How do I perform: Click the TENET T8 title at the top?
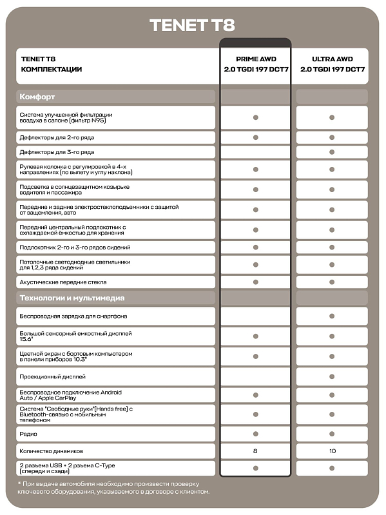pyautogui.click(x=192, y=25)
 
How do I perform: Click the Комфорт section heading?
pyautogui.click(x=38, y=97)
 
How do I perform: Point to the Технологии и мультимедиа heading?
pyautogui.click(x=72, y=298)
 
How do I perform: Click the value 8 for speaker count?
pyautogui.click(x=255, y=451)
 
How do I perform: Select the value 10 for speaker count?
pyautogui.click(x=332, y=451)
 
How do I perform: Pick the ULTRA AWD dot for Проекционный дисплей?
pyautogui.click(x=332, y=376)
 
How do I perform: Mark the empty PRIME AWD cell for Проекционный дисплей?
pyautogui.click(x=255, y=376)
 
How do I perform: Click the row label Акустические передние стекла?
pyautogui.click(x=63, y=282)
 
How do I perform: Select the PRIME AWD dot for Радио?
pyautogui.click(x=255, y=434)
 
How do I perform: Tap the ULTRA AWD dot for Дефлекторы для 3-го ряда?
pyautogui.click(x=332, y=153)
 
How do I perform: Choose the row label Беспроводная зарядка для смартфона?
pyautogui.click(x=73, y=316)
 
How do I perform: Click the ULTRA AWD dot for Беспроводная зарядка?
pyautogui.click(x=332, y=316)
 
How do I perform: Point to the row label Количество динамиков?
pyautogui.click(x=52, y=451)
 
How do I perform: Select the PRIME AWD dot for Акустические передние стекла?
pyautogui.click(x=255, y=282)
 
